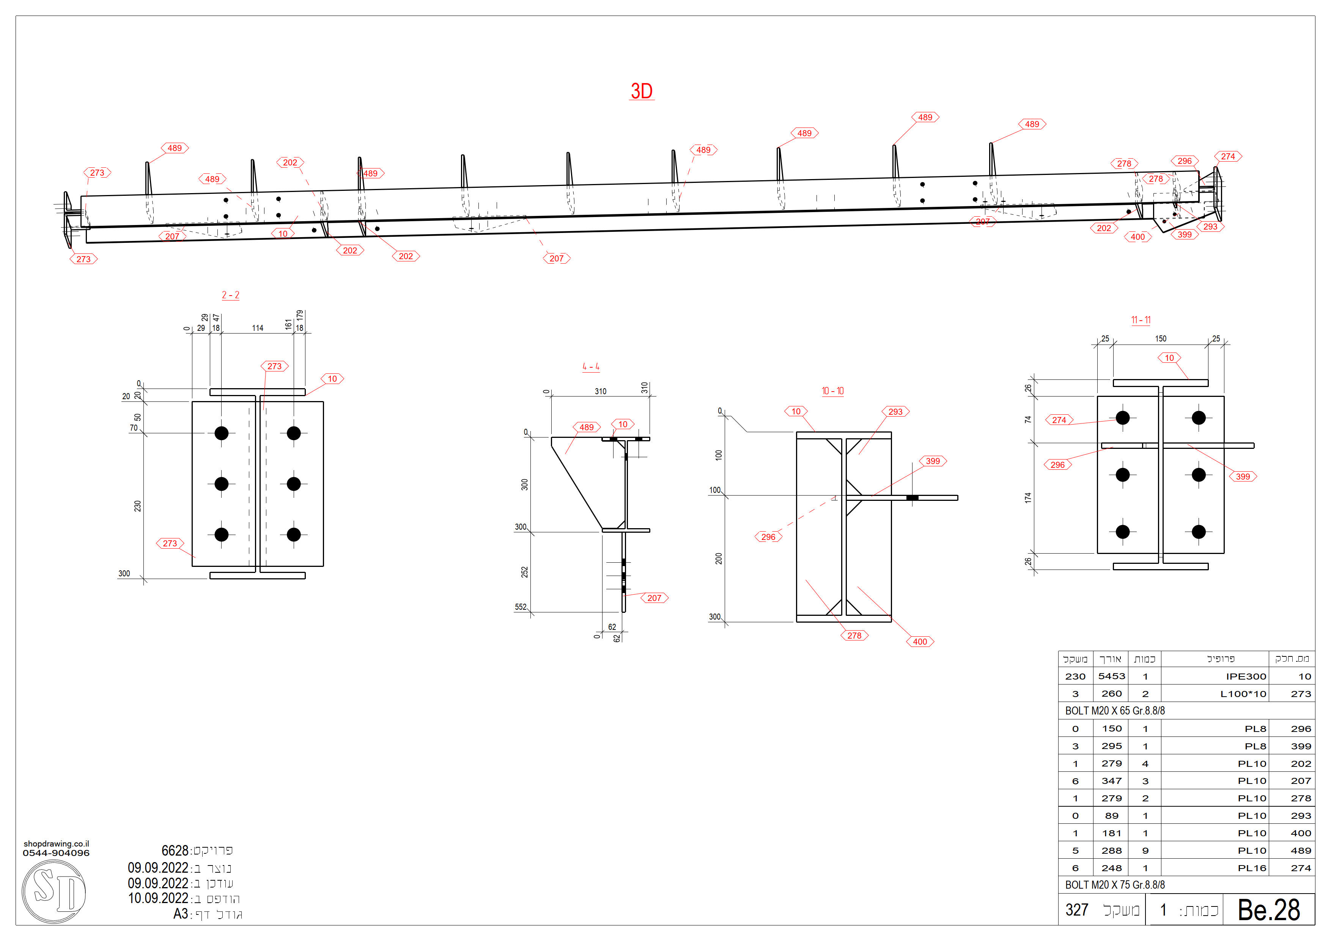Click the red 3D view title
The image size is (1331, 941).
pyautogui.click(x=641, y=91)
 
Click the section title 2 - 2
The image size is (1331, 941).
pyautogui.click(x=230, y=295)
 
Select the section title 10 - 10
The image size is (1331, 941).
pyautogui.click(x=832, y=391)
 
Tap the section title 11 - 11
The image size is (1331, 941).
pyautogui.click(x=1140, y=320)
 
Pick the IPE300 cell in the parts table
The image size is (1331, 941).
pyautogui.click(x=1246, y=676)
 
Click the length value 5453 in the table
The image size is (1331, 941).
pyautogui.click(x=1111, y=676)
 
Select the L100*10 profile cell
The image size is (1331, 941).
pyautogui.click(x=1243, y=694)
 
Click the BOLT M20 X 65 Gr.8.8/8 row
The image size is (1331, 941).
pyautogui.click(x=1114, y=711)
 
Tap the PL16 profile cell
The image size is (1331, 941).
pyautogui.click(x=1252, y=868)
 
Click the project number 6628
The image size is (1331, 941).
pyautogui.click(x=175, y=851)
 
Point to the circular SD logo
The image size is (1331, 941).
pyautogui.click(x=54, y=891)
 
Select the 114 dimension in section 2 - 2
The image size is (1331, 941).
pyautogui.click(x=257, y=328)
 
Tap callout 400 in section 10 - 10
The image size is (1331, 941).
pyautogui.click(x=919, y=642)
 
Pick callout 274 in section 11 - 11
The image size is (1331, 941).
pyautogui.click(x=1059, y=420)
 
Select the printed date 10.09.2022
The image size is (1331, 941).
pyautogui.click(x=158, y=898)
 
